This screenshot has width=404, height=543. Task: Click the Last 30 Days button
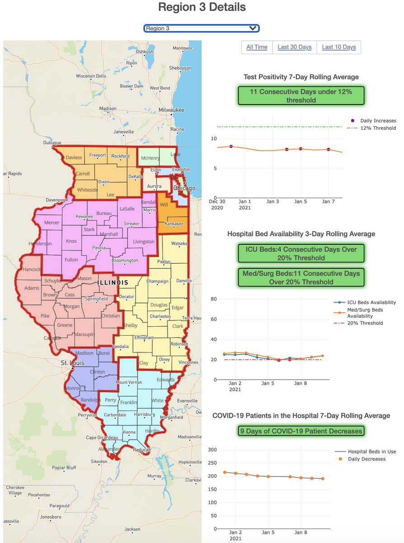pos(294,47)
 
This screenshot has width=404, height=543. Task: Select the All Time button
pos(257,47)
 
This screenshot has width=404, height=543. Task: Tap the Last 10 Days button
pos(338,47)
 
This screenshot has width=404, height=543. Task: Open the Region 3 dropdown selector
pos(202,28)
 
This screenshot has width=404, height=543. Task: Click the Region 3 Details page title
pos(202,7)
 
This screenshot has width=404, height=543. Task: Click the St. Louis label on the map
pos(73,363)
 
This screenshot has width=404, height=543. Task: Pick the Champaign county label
pos(157,281)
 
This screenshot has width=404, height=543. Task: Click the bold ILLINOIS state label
pos(113,282)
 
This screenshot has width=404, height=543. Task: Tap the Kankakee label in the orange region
pos(174,224)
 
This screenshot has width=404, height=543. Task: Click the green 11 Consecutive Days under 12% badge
pos(301,95)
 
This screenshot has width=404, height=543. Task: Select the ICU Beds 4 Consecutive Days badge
pos(301,253)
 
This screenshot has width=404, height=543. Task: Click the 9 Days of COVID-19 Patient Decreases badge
pos(301,431)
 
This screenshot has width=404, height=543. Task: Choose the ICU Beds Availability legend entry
pos(371,303)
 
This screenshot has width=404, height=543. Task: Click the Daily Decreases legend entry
pos(366,459)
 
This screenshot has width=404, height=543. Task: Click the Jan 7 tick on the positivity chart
pos(329,201)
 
